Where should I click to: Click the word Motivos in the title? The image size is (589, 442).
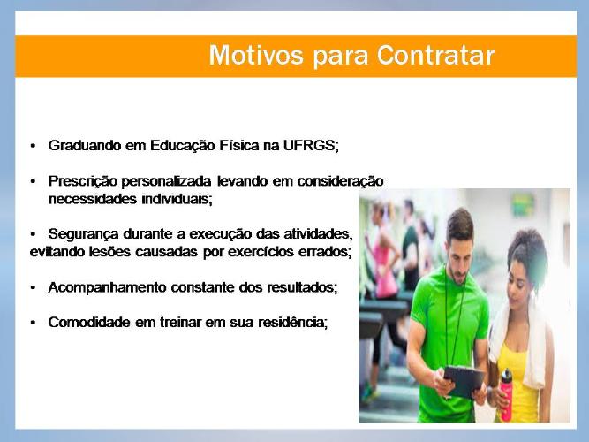[x=256, y=56]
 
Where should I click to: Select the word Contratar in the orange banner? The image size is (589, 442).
[x=435, y=56]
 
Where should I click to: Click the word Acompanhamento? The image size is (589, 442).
[x=108, y=288]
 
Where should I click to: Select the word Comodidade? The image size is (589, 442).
[x=89, y=323]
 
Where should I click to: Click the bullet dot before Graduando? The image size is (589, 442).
[x=33, y=146]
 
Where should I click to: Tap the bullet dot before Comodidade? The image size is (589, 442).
[x=33, y=324]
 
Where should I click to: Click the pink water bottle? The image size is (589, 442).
[x=506, y=394]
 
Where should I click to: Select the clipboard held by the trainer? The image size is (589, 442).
[x=464, y=381]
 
